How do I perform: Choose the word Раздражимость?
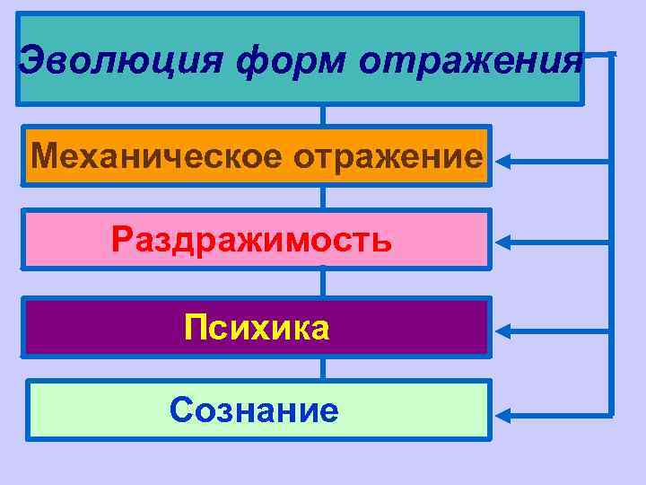[x=252, y=240]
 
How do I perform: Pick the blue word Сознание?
[x=254, y=411]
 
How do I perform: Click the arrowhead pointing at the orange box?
[x=504, y=162]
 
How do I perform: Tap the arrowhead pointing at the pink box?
[x=504, y=242]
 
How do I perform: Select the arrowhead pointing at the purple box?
[x=504, y=330]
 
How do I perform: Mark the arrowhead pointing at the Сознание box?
[x=504, y=415]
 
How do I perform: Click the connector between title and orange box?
[x=323, y=116]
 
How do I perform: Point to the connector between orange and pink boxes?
[x=323, y=198]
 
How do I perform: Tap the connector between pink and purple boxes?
[x=323, y=283]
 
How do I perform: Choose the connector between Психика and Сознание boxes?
[x=323, y=368]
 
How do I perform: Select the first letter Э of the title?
[x=31, y=61]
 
